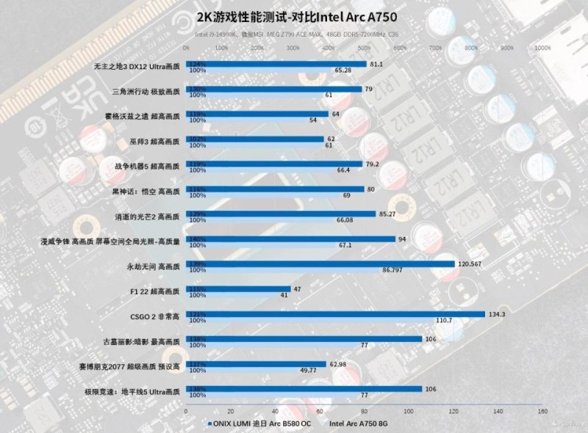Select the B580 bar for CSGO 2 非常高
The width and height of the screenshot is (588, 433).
[335, 314]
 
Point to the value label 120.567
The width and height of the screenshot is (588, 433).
[470, 263]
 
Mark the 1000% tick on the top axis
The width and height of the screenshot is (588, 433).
[542, 48]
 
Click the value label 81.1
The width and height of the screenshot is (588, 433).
[376, 65]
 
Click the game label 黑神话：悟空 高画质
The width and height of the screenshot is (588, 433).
[145, 190]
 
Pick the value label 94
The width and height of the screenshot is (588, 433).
[402, 239]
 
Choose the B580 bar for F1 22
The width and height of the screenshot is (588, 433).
[239, 289]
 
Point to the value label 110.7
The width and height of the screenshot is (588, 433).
[444, 321]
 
